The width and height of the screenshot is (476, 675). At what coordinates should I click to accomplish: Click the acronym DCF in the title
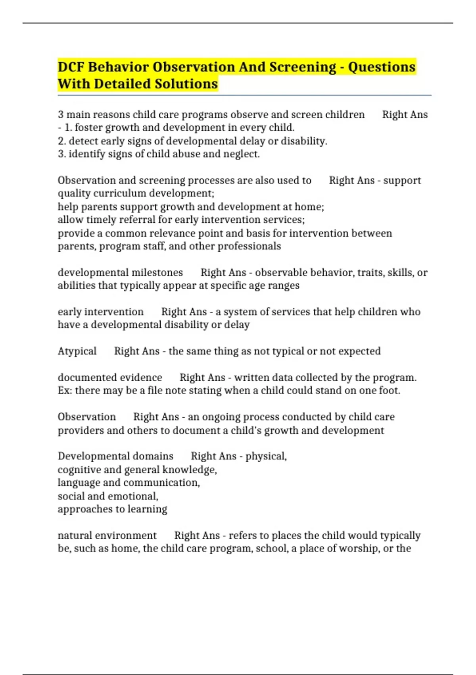71,67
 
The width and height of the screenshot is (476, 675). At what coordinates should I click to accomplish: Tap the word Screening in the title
303,67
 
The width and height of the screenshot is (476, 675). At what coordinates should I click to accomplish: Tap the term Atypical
77,351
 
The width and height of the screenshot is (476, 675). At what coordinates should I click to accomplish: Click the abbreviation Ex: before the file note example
65,391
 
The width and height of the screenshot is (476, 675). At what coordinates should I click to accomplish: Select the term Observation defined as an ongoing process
86,417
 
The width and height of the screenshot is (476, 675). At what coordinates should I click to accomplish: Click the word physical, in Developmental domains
266,456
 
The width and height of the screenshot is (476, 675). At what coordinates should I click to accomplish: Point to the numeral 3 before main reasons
61,115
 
